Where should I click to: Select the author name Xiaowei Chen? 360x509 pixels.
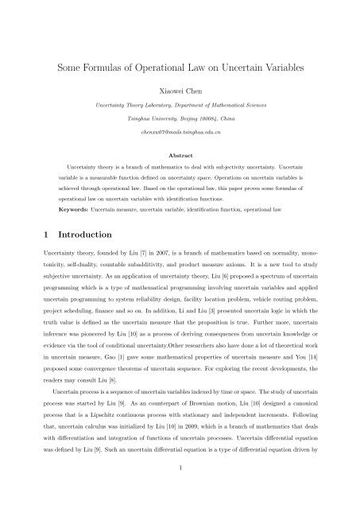point(180,91)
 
